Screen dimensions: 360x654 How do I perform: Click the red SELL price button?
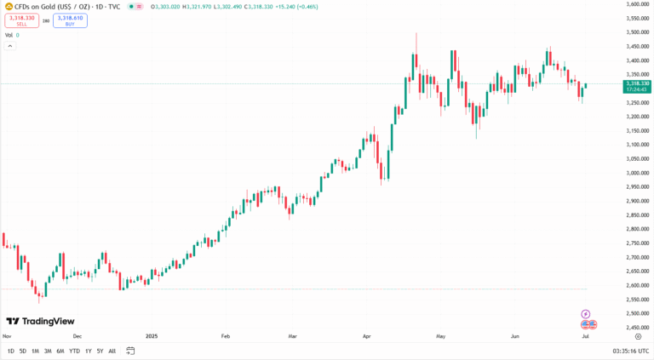click(x=21, y=20)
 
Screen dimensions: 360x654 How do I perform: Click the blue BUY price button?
click(x=70, y=20)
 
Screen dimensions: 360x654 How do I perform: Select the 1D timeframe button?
click(x=10, y=351)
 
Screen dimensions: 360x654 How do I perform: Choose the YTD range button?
click(x=74, y=351)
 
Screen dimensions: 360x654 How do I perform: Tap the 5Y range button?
click(x=100, y=351)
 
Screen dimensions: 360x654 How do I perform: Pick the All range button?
click(x=112, y=351)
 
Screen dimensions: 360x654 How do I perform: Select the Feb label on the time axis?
click(x=226, y=336)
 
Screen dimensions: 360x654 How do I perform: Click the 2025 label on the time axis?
click(x=152, y=336)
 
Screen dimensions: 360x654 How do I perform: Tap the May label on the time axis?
click(x=440, y=336)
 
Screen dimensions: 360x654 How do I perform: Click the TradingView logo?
click(x=40, y=322)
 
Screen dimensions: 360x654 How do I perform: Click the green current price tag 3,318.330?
click(x=637, y=84)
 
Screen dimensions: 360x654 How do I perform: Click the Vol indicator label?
click(x=9, y=35)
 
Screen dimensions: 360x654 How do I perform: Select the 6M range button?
click(x=60, y=351)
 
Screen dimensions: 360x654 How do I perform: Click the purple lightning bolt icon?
click(x=585, y=314)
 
